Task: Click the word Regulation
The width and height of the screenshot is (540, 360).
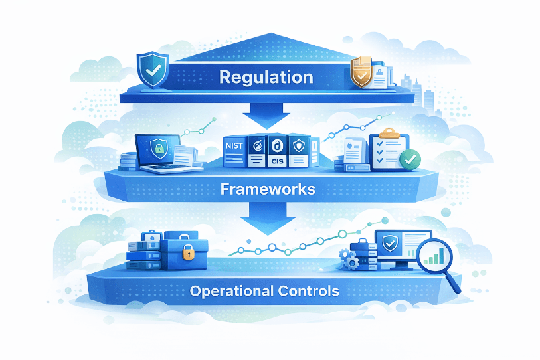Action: point(266,77)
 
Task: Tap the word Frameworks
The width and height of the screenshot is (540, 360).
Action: point(267,189)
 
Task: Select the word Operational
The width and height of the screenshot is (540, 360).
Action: point(229,291)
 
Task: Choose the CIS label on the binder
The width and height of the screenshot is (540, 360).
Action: point(276,161)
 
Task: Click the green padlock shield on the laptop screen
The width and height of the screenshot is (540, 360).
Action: point(159,148)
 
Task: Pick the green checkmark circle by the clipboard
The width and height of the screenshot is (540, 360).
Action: point(410,159)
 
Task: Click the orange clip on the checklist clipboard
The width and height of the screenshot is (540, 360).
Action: point(388,134)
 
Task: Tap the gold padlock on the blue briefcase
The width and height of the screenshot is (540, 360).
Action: point(188,252)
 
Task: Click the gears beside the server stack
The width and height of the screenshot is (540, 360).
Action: point(348,259)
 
